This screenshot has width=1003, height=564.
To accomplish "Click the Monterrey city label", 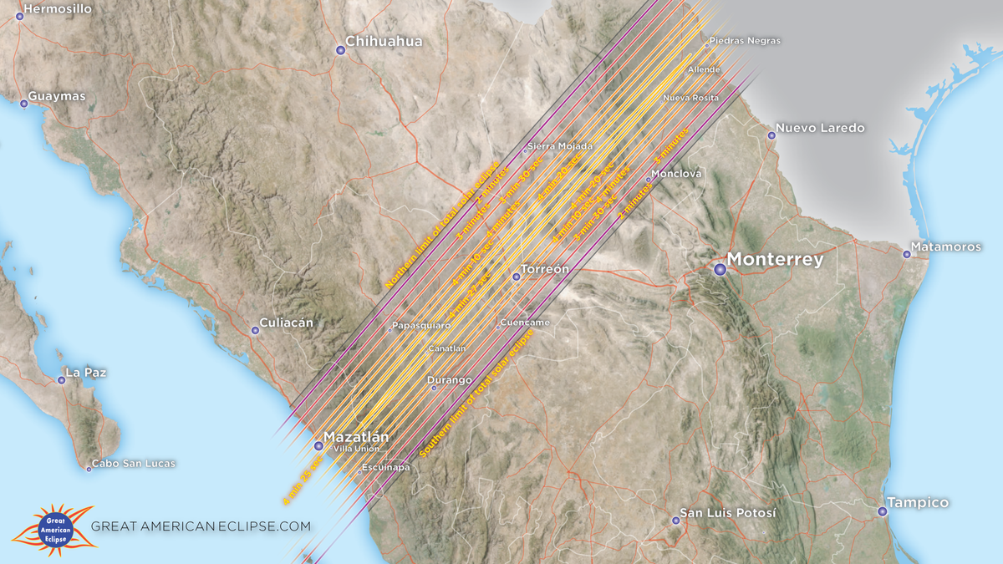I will (775, 260).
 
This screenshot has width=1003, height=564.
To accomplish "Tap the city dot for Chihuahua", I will (340, 51).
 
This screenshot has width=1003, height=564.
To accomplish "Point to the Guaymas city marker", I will (23, 104).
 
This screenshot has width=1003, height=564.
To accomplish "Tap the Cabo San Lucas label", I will (134, 464).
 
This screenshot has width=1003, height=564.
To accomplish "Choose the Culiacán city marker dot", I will (255, 330).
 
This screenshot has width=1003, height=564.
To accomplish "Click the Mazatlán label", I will (356, 437).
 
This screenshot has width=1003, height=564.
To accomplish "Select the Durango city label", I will (450, 381).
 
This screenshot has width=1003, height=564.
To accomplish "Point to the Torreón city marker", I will (516, 277).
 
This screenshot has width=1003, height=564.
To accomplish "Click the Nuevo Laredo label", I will (820, 129).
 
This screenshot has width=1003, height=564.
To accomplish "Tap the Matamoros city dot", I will (906, 254).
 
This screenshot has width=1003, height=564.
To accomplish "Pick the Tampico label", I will (919, 503).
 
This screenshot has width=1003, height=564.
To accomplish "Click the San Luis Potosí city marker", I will (675, 521).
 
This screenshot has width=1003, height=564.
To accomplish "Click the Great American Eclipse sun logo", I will (55, 528).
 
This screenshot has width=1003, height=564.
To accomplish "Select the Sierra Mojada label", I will (560, 147).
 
